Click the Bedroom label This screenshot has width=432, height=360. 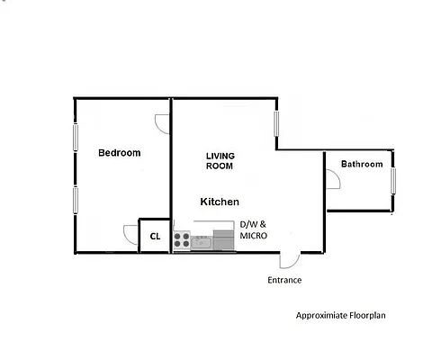pos(119,153)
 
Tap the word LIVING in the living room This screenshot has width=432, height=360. pos(220,156)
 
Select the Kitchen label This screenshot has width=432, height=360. pos(220,202)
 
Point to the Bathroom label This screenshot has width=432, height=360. pos(361,164)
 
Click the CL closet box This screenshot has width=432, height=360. pos(154,237)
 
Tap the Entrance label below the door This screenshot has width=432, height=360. pos(284,280)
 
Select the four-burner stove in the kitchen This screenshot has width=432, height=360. pos(183,239)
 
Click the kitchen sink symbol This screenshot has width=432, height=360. pos(201,240)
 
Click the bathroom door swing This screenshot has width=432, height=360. pos(332,179)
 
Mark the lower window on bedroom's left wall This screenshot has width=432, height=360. pos(76,201)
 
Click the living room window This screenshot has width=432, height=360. pos(276,123)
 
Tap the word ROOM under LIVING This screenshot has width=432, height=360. pos(220,166)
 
